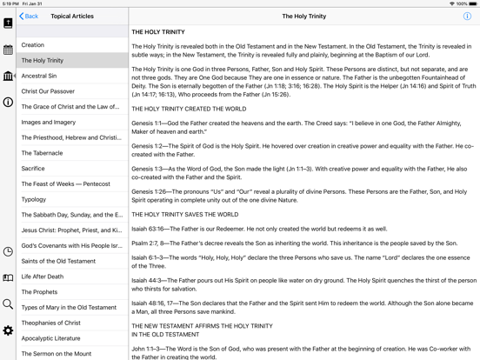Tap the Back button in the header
[30, 17]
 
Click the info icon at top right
[467, 17]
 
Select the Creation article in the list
[33, 45]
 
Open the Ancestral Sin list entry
[39, 76]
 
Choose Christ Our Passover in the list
[48, 91]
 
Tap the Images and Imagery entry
[49, 123]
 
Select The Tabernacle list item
[42, 153]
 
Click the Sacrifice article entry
[33, 169]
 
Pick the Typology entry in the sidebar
[34, 199]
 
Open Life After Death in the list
[43, 277]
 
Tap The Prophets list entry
[39, 292]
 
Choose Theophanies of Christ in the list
[51, 323]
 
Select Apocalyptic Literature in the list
[50, 338]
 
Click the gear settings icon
[8, 330]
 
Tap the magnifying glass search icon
[8, 304]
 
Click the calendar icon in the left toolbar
[8, 50]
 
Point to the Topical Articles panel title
[72, 17]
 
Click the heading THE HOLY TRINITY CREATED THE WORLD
[189, 110]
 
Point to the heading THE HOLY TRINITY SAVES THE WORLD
[184, 215]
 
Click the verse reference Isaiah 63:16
[150, 230]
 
